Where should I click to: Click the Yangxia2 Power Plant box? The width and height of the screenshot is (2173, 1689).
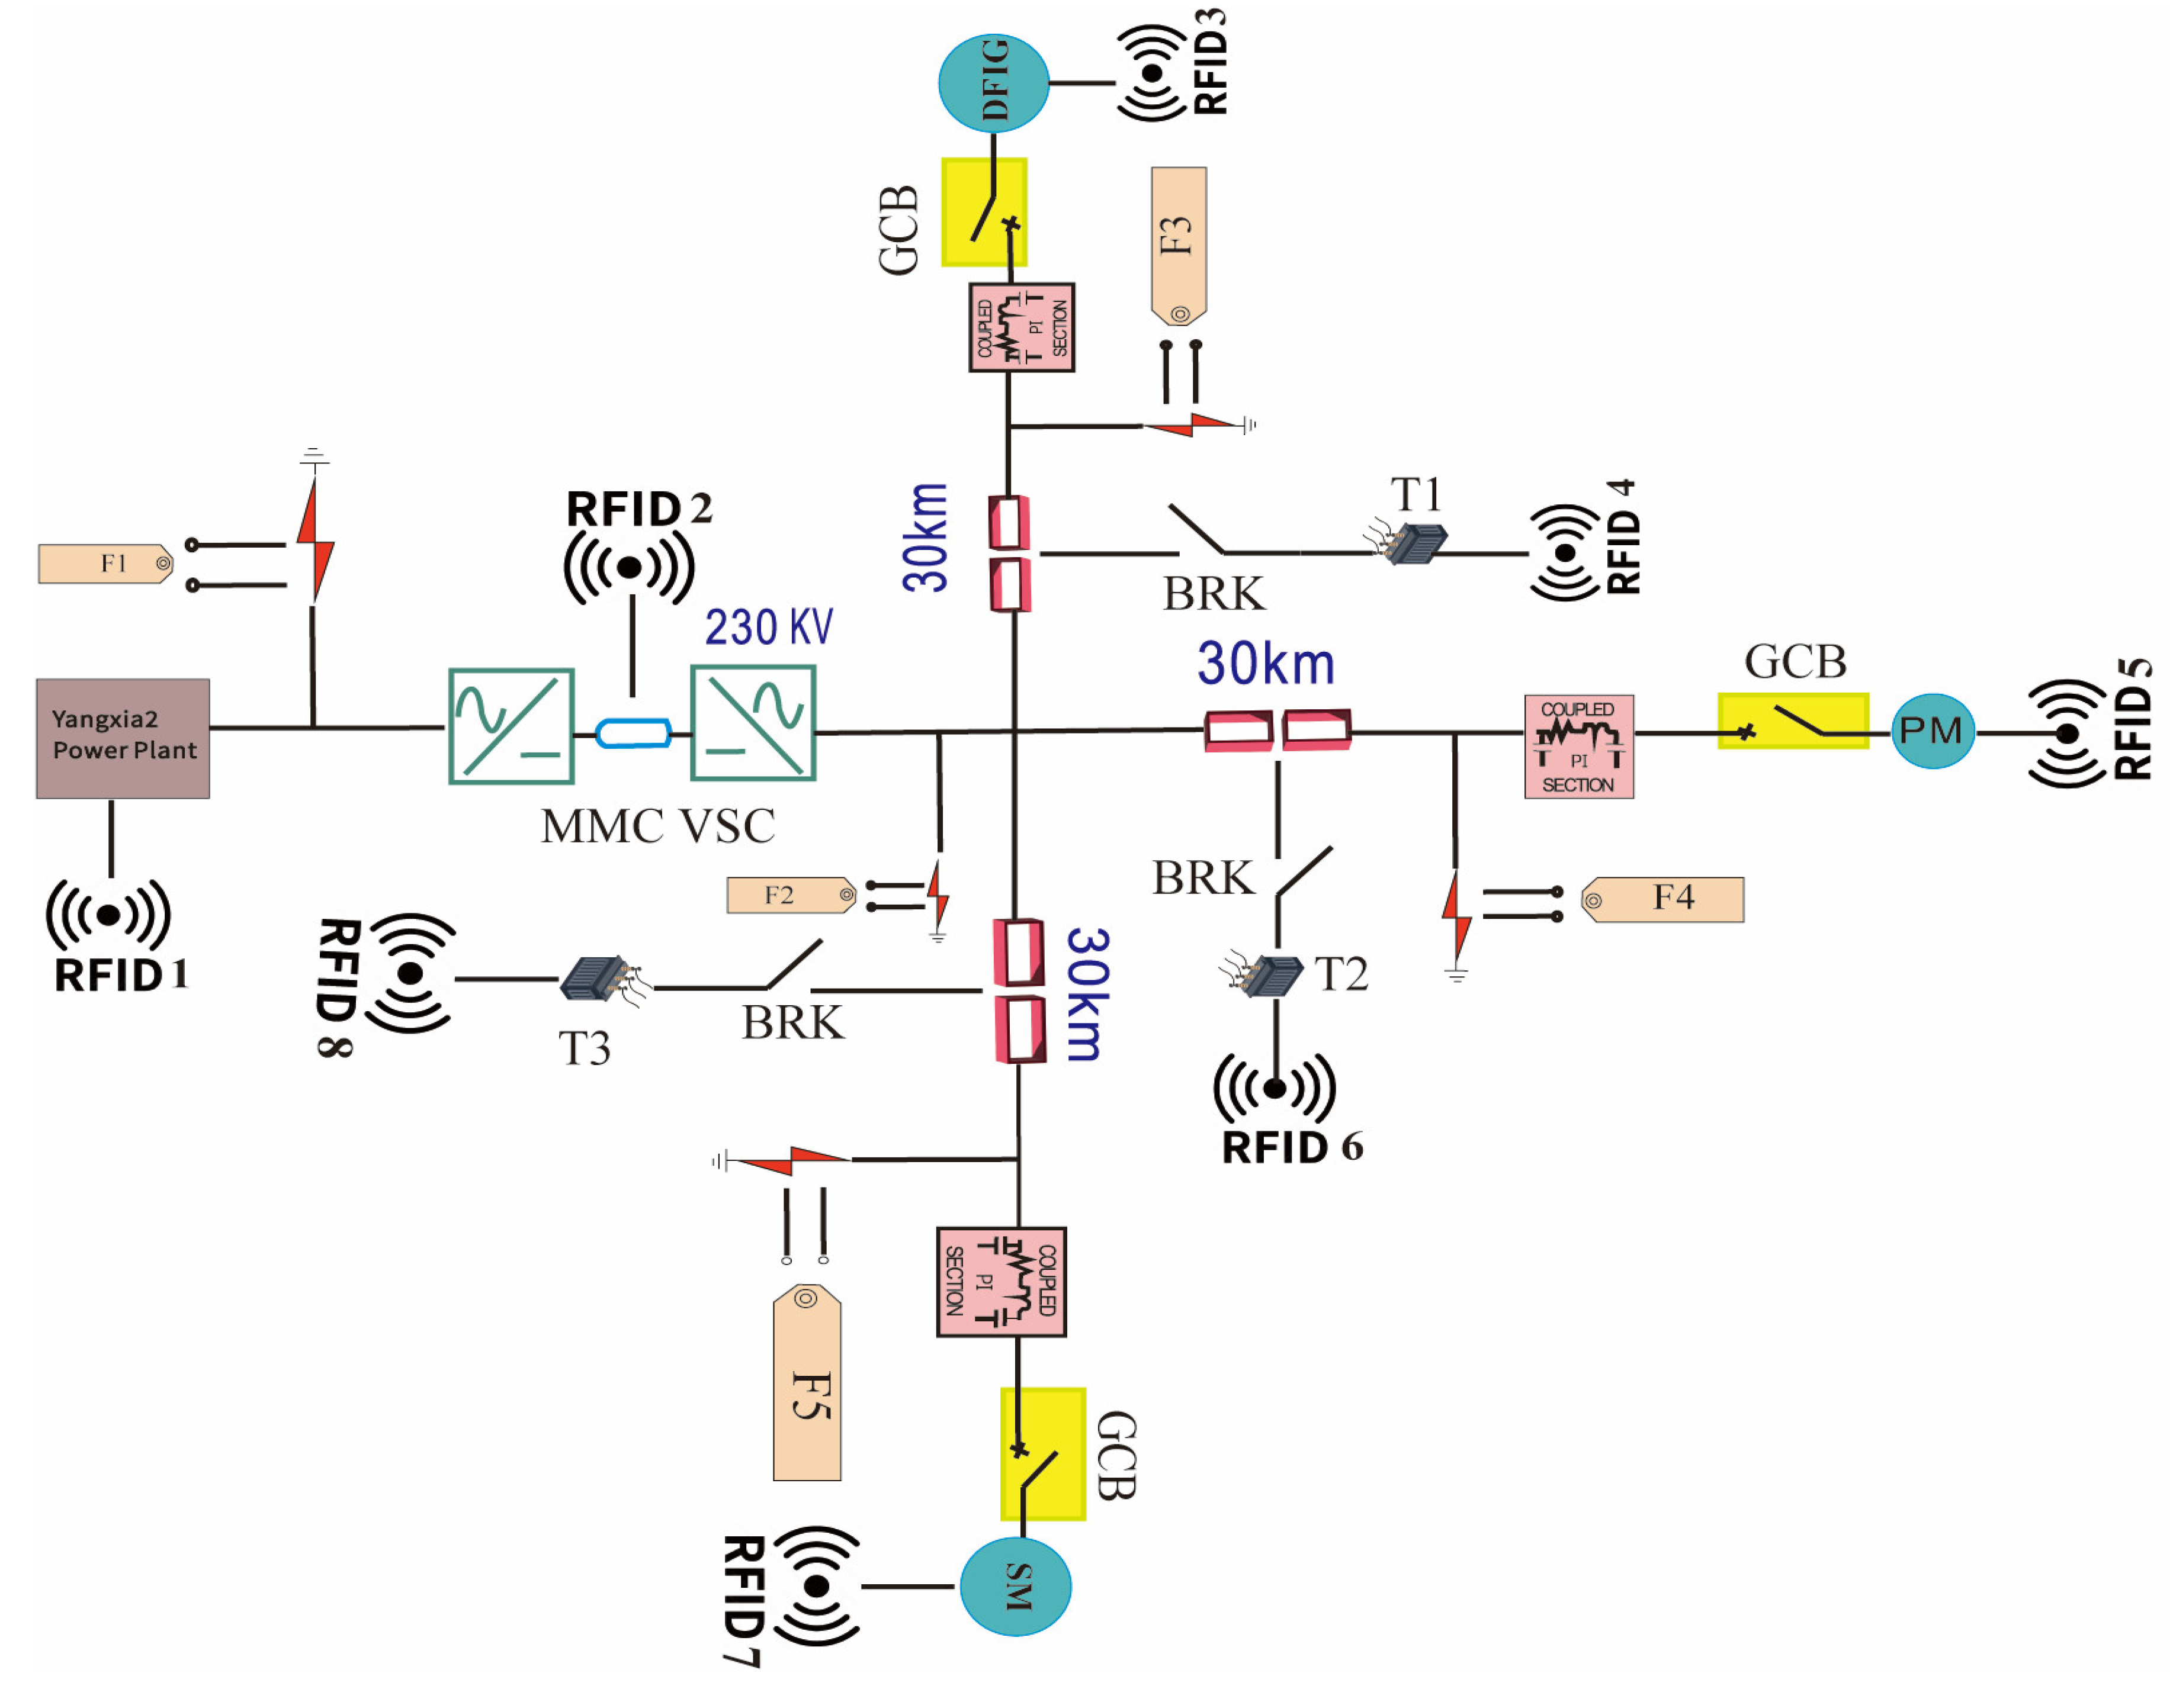123,738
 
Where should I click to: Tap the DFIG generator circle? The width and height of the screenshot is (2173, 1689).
993,82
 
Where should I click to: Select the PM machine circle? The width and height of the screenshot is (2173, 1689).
1931,731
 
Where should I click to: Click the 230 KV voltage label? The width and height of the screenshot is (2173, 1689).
768,628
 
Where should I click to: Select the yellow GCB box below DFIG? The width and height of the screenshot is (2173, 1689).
984,212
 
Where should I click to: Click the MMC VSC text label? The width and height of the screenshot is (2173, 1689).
657,826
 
